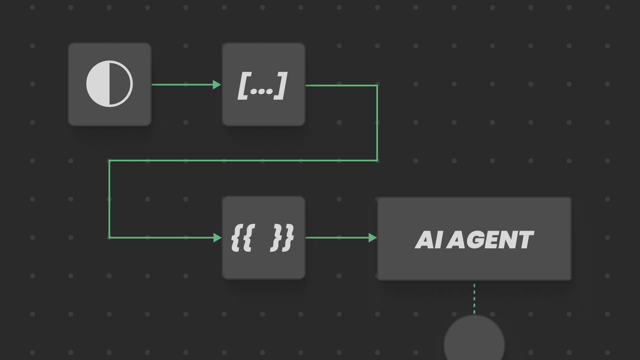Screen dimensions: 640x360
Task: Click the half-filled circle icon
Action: tap(109, 84)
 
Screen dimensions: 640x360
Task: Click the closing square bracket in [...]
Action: tap(281, 86)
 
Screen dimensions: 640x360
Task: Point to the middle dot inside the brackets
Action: tap(261, 91)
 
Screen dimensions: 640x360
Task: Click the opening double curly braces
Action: tap(243, 238)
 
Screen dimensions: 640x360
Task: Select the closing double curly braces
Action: tap(282, 238)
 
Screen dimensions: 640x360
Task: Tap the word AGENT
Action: tap(490, 240)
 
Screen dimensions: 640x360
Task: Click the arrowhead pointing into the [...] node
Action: tap(217, 85)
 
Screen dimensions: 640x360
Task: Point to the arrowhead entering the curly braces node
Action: tap(218, 238)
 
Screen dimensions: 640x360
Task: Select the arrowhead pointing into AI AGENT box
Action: tap(373, 238)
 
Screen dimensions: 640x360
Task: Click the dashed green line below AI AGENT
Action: tap(474, 298)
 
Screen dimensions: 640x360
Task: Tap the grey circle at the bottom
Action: tap(474, 342)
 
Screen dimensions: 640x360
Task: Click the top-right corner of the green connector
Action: tap(377, 86)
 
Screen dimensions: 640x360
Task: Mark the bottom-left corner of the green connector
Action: tap(109, 237)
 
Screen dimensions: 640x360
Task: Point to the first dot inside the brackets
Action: tap(253, 91)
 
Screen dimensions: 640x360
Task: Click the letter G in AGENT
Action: tap(479, 240)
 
